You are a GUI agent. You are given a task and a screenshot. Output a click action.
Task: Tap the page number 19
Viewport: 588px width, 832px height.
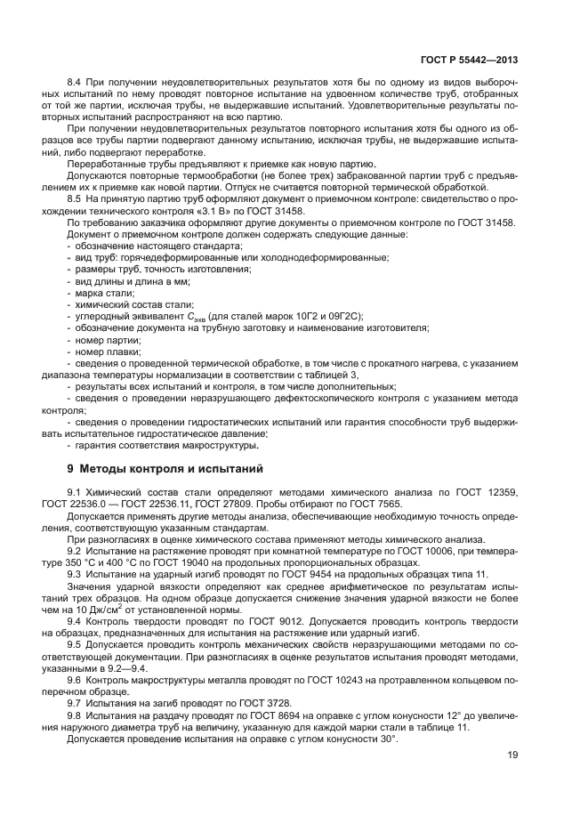pos(512,755)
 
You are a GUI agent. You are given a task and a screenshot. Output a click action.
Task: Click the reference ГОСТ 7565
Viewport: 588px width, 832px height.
pos(376,504)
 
